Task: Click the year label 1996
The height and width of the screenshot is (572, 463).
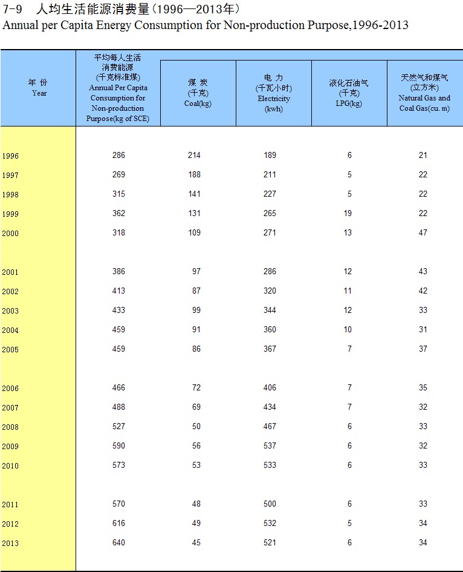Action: pos(10,156)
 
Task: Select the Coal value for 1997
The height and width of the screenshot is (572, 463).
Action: pos(194,175)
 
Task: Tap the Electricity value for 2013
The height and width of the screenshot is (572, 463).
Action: pos(270,543)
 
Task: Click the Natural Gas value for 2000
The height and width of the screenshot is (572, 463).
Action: pos(423,233)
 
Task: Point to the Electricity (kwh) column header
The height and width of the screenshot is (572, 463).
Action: pos(273,93)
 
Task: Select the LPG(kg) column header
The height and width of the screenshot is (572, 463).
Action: pos(349,93)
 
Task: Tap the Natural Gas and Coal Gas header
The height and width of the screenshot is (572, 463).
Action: pos(424,93)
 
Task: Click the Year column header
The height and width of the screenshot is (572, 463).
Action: pos(38,88)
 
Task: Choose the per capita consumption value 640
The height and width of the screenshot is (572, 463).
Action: pos(118,543)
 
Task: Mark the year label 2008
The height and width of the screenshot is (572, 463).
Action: pos(10,427)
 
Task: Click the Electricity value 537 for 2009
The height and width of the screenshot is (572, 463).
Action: pos(270,446)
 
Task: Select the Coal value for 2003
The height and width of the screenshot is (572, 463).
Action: pos(196,311)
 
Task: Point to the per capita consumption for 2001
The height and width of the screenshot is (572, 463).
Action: pos(118,272)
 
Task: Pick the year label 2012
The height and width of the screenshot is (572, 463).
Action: pos(10,524)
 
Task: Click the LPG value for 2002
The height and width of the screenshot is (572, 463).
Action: pos(348,291)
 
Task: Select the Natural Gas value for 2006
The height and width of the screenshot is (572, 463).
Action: pos(423,388)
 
